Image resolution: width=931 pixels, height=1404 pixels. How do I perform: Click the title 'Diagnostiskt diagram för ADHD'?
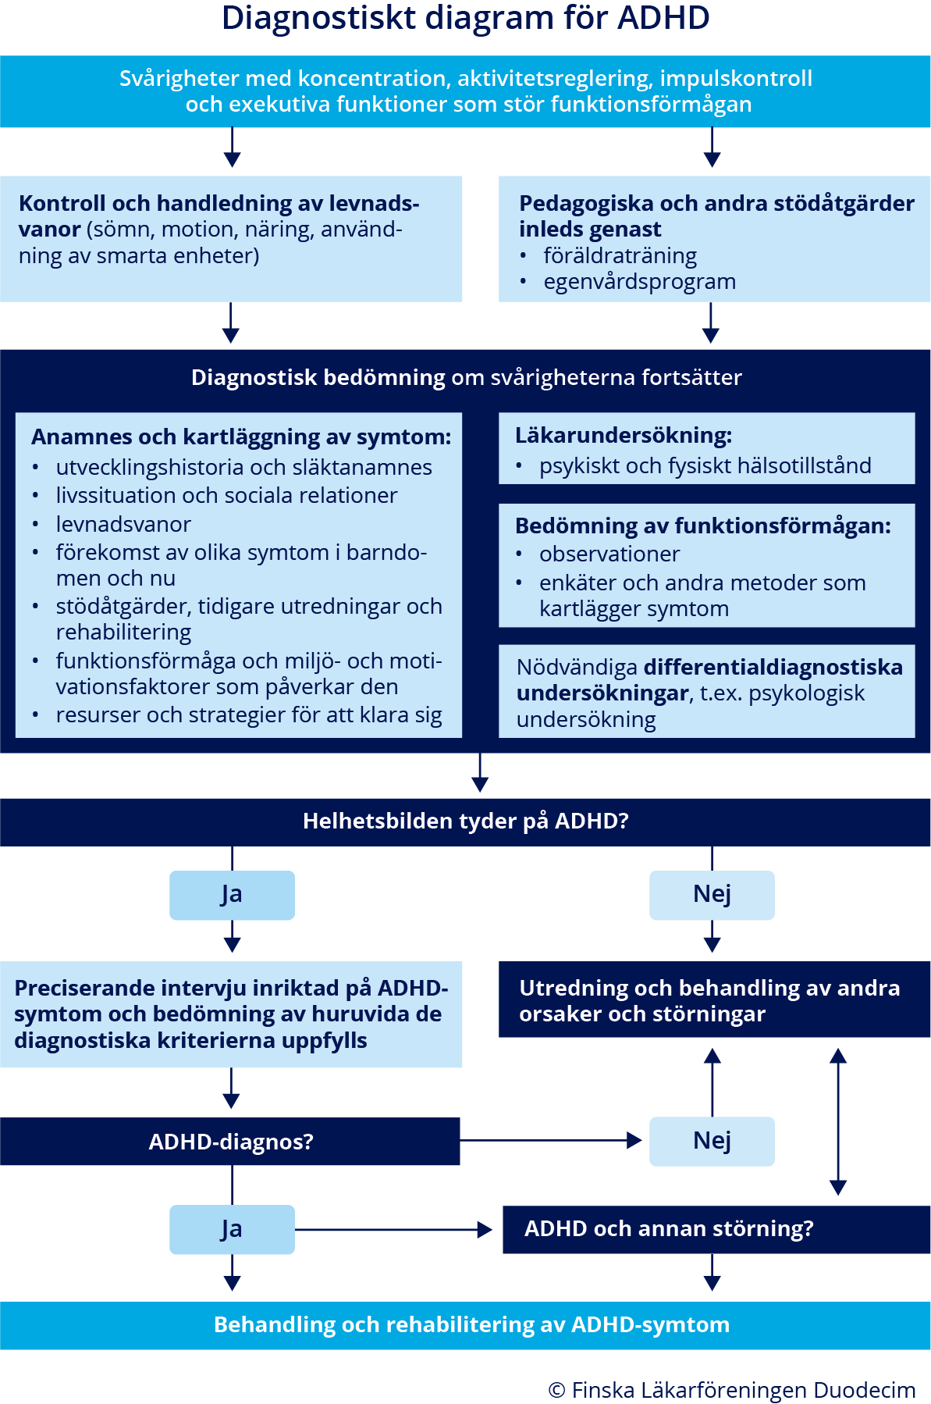pos(465,19)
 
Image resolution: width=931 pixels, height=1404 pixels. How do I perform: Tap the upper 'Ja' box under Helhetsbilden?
pos(232,895)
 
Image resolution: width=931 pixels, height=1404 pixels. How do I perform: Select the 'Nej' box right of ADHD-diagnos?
pos(712,1141)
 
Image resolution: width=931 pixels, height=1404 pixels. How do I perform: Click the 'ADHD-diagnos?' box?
pos(230,1142)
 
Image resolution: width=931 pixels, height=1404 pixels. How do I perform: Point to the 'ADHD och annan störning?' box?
pos(716,1229)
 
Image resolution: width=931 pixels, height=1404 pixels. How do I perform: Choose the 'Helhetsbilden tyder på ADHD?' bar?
pos(465,821)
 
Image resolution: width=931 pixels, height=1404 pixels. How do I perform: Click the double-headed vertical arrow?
pos(838,1121)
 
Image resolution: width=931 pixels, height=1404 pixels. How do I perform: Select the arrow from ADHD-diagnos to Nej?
pos(550,1141)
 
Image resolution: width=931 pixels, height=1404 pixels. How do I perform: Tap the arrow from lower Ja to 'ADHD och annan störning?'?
pos(393,1230)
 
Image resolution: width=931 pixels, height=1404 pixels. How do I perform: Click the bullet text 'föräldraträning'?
pos(620,256)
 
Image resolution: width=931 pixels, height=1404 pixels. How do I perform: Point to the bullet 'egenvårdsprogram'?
pos(639,282)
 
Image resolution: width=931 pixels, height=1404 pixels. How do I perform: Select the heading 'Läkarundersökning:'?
pos(624,436)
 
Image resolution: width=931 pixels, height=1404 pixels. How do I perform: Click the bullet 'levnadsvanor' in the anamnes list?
pos(123,525)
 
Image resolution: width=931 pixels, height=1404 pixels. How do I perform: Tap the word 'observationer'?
pos(609,554)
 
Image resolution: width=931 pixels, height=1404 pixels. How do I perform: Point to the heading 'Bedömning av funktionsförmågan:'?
pos(702,526)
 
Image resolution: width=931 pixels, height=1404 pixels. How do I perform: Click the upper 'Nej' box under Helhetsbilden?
pos(712,895)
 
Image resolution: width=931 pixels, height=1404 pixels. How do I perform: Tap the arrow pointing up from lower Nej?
pos(712,1082)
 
